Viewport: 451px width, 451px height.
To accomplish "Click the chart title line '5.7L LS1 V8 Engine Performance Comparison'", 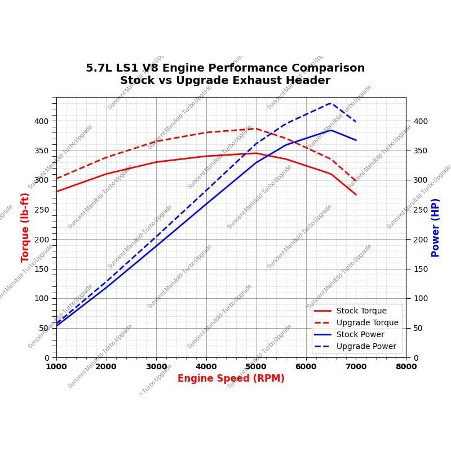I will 225,68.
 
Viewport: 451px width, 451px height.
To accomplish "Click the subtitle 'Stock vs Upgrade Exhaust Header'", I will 225,81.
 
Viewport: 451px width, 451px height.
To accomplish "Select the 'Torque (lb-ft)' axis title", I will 25,227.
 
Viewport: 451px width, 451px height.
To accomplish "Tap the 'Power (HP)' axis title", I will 435,227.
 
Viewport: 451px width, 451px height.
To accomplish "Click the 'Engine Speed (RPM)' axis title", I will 231,379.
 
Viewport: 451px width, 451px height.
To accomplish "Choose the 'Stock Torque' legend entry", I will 361,311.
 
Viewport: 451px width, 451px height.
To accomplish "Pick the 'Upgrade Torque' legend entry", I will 367,322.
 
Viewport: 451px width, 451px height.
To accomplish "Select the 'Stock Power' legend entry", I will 360,334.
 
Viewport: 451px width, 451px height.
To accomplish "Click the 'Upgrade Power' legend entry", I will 366,346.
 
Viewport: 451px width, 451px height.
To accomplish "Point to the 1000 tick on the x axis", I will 56,366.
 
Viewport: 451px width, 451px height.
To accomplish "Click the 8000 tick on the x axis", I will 406,366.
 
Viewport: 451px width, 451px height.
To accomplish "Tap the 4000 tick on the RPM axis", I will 206,366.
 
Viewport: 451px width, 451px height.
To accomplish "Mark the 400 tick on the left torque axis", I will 42,121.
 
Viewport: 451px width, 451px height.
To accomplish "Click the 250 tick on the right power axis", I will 420,210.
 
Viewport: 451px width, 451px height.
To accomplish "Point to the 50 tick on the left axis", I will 44,328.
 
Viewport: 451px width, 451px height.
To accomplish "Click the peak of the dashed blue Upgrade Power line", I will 331,103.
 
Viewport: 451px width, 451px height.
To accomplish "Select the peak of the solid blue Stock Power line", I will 331,130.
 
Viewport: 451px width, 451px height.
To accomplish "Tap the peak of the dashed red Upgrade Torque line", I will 256,129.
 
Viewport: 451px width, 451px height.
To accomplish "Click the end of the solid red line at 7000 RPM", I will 356,194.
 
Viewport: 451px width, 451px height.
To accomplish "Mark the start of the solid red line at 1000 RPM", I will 56,192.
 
